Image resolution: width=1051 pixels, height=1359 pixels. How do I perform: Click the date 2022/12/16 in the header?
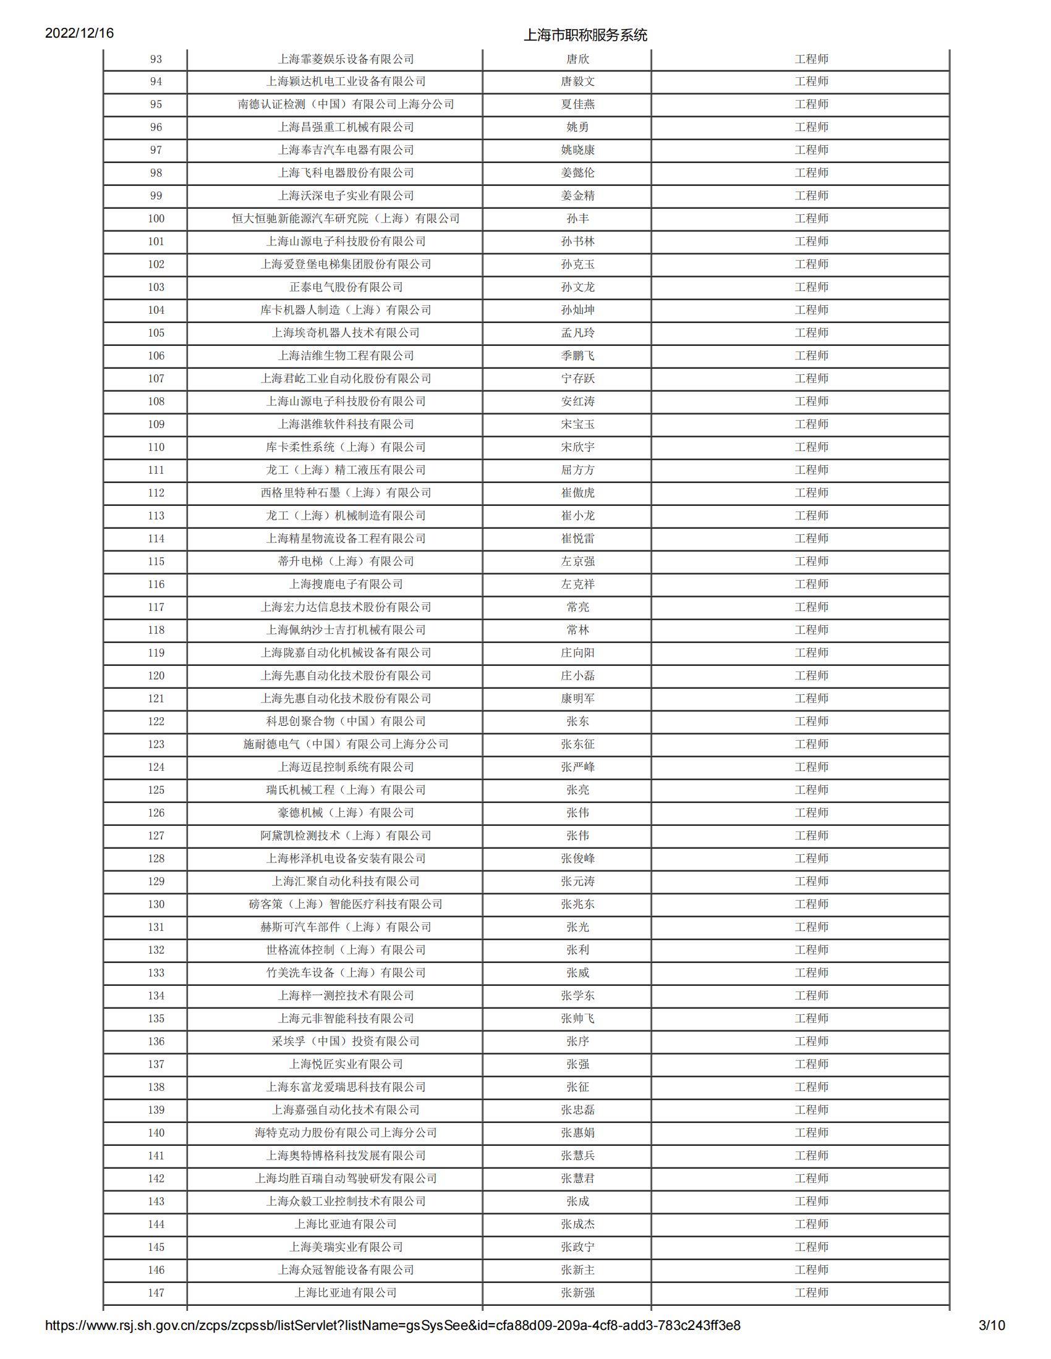[79, 33]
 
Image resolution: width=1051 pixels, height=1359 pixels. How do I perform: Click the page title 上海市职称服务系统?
[585, 35]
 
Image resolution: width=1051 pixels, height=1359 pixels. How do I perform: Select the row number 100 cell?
[156, 219]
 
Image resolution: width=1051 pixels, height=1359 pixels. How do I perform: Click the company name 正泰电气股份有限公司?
[346, 287]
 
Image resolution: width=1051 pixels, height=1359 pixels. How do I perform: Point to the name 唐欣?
[577, 59]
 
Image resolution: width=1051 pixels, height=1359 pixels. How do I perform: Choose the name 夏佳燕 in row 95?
[577, 104]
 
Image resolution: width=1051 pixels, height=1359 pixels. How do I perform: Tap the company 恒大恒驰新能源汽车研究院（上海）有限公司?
[346, 219]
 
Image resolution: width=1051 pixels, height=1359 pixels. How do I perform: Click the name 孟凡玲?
[577, 333]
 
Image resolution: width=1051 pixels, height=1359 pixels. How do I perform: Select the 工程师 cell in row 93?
[811, 59]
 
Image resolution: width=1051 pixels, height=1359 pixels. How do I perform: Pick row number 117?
[156, 607]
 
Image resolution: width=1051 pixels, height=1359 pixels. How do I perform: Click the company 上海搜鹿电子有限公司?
[346, 584]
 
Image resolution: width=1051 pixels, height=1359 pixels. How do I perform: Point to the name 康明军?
[577, 698]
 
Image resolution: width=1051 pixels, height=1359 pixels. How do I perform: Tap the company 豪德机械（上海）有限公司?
[346, 813]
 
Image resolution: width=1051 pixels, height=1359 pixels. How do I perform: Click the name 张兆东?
[577, 904]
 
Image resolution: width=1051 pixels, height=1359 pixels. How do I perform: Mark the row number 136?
[156, 1041]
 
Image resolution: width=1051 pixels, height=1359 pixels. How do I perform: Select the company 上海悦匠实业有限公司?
[346, 1064]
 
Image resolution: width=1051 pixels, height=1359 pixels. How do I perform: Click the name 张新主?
[577, 1270]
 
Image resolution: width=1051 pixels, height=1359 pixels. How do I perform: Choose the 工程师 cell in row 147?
[811, 1292]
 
